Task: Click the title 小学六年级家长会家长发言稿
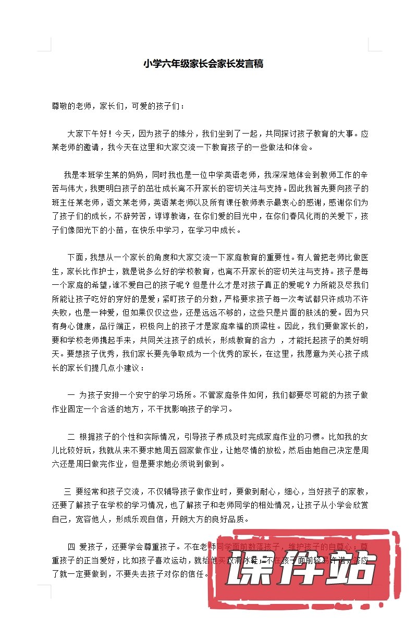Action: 203,64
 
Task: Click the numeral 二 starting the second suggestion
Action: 71,436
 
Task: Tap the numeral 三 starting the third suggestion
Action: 67,491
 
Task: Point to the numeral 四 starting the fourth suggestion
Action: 71,547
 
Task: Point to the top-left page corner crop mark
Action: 47,47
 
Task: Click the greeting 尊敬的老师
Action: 70,106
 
